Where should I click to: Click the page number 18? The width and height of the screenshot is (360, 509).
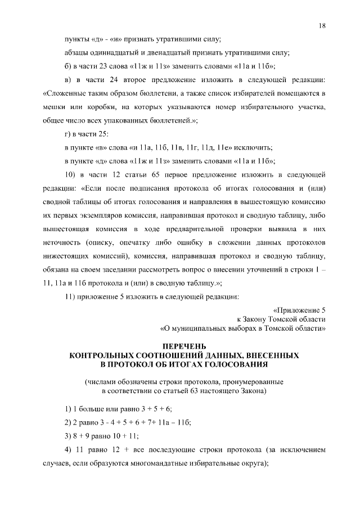[x=322, y=26]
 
